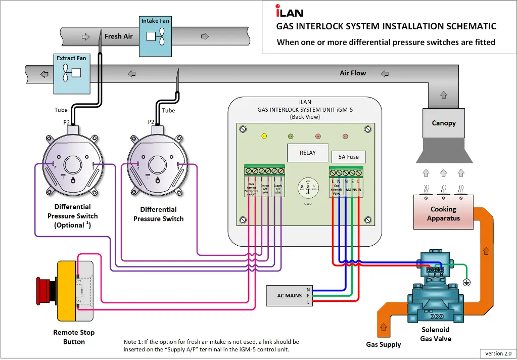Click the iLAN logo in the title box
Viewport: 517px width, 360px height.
(289, 11)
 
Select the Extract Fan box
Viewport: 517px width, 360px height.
(71, 73)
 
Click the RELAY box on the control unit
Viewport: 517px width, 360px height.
(307, 153)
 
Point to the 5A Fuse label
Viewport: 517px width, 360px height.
(348, 157)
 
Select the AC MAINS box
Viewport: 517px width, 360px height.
(290, 295)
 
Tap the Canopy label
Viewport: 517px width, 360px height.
(443, 123)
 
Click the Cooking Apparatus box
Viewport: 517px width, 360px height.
(443, 214)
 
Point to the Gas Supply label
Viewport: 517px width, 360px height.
(383, 344)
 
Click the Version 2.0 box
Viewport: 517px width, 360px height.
(498, 353)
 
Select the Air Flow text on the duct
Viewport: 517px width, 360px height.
(353, 73)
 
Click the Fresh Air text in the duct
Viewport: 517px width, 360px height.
(118, 36)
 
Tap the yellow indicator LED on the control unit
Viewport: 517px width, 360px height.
(263, 136)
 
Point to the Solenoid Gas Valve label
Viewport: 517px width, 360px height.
(436, 334)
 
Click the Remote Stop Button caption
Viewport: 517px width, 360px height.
(74, 337)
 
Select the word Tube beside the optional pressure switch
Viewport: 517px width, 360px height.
(61, 110)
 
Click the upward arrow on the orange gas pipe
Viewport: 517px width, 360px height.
(486, 250)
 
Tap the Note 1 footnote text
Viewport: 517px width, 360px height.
(211, 345)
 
